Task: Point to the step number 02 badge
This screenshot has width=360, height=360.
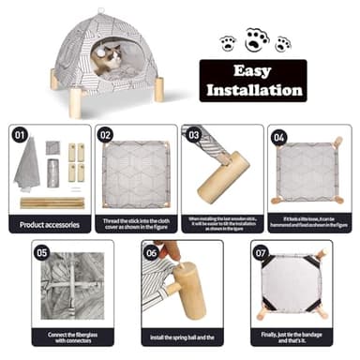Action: pyautogui.click(x=106, y=134)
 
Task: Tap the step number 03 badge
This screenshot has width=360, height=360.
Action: pyautogui.click(x=194, y=134)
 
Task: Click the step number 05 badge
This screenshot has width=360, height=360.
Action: pyautogui.click(x=41, y=252)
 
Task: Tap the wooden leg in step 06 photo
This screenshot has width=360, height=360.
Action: pyautogui.click(x=186, y=291)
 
